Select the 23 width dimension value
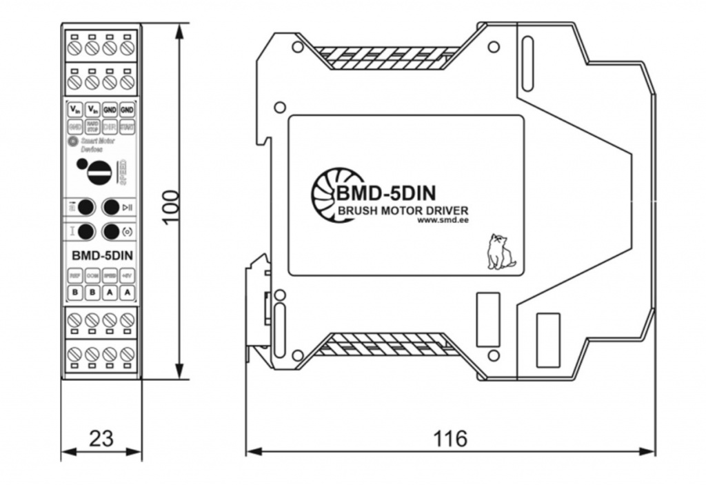point(101,438)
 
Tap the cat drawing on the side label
point(500,252)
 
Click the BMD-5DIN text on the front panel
point(102,255)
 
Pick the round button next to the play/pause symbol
point(111,207)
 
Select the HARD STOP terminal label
point(92,127)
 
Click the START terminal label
point(127,127)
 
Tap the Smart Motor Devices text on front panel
point(97,144)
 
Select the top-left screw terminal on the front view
point(76,48)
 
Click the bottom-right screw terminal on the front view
point(127,355)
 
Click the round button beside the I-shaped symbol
point(85,231)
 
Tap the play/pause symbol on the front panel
point(127,207)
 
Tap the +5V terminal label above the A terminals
point(127,275)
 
